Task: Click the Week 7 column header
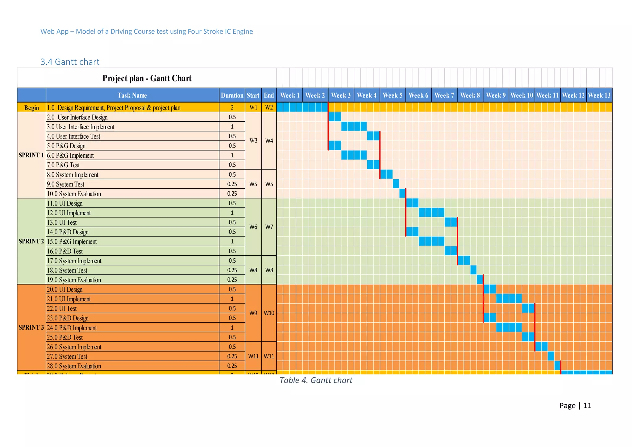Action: [444, 95]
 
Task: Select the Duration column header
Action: [232, 95]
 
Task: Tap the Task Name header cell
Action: [132, 95]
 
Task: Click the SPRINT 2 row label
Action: [31, 241]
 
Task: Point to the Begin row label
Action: [31, 108]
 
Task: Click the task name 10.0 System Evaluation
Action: [74, 194]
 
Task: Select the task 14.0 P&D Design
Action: [68, 232]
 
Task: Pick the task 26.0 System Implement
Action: [74, 347]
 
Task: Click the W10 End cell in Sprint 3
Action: [269, 313]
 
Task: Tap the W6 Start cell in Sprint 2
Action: [253, 227]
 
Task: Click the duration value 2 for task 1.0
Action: [232, 107]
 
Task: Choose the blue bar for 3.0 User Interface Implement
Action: [354, 126]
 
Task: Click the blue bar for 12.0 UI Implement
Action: [431, 212]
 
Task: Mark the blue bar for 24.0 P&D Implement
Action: [509, 327]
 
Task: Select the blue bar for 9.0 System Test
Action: [396, 184]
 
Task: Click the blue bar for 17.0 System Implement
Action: [464, 261]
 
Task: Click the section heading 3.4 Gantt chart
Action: [70, 62]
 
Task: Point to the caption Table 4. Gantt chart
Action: [316, 380]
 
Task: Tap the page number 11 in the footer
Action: [587, 406]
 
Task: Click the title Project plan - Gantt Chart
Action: [147, 78]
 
